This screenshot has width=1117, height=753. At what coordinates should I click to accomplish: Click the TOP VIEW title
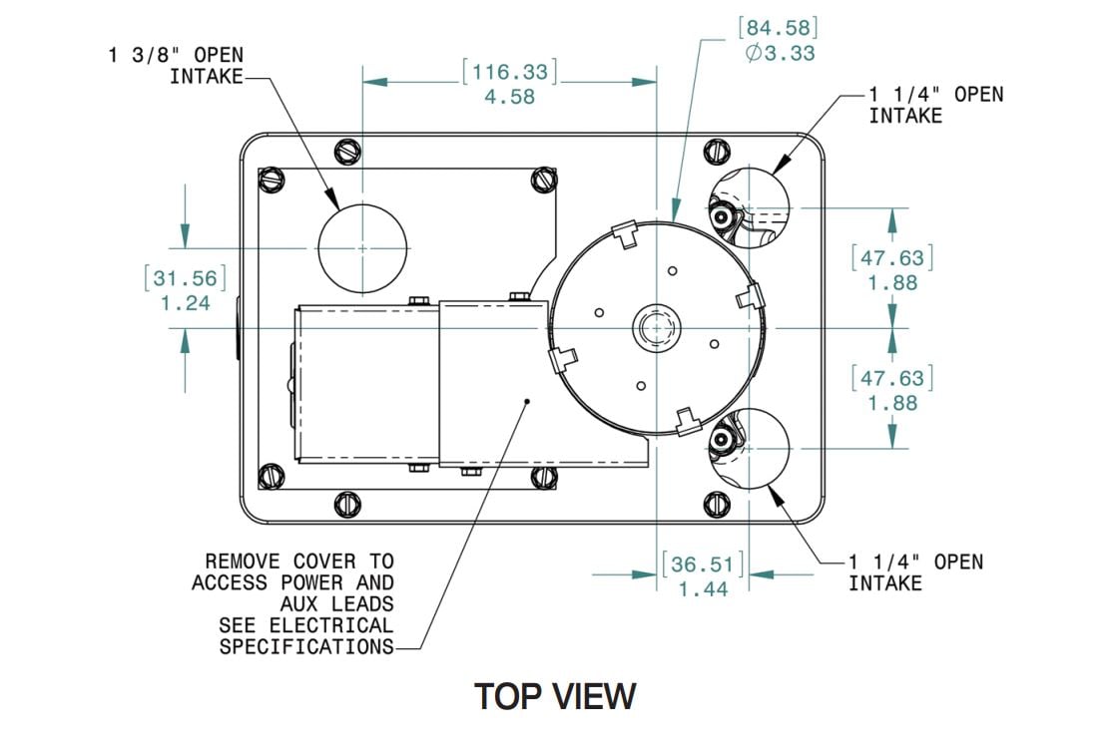555,696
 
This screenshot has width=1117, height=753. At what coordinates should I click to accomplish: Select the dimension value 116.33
510,72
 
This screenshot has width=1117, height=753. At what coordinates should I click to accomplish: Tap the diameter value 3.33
780,54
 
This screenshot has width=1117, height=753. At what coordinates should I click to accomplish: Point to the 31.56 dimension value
186,278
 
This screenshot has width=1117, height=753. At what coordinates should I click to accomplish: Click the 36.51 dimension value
703,565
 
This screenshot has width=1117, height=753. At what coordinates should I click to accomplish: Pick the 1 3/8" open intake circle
362,248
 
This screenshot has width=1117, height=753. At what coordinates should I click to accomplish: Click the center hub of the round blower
657,328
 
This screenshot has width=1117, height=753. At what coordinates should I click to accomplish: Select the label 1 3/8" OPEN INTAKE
176,66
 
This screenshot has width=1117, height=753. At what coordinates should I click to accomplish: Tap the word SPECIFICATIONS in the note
306,647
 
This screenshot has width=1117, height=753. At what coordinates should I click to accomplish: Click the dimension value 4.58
509,97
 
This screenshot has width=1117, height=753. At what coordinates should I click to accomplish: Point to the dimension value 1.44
703,589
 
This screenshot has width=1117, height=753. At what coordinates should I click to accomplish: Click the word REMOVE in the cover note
243,562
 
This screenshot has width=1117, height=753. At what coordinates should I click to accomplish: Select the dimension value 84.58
778,28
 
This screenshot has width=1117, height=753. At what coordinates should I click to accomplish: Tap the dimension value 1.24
186,303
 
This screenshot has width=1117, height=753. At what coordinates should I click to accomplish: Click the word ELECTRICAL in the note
331,625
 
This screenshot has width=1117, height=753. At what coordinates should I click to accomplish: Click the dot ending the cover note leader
527,401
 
